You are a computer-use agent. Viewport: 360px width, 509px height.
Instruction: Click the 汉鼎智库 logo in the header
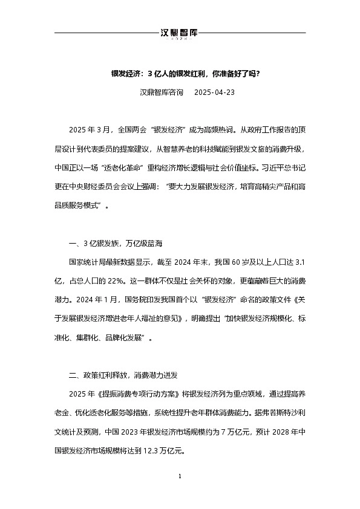180,33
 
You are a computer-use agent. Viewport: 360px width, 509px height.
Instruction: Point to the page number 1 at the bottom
180,478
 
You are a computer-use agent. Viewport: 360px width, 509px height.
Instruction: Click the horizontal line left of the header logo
106,33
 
